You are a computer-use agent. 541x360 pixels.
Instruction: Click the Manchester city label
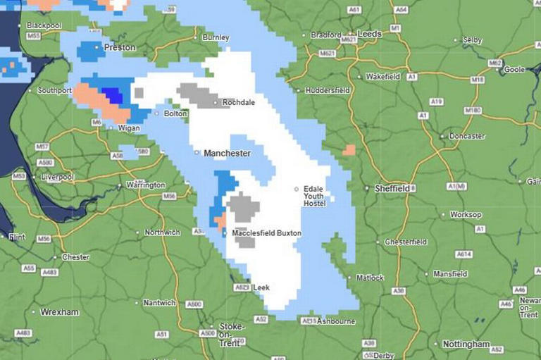tap(227, 153)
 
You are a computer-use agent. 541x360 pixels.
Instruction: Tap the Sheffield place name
tap(392, 189)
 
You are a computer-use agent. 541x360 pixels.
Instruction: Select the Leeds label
tap(369, 33)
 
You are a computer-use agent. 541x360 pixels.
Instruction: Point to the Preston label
tap(119, 47)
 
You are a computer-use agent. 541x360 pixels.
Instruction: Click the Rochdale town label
tap(238, 102)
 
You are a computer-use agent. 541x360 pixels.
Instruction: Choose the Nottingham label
tap(466, 345)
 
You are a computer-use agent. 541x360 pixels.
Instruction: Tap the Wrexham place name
tap(59, 312)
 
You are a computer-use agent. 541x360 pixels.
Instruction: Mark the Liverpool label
tap(57, 177)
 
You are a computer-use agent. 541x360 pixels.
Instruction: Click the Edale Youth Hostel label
tap(315, 197)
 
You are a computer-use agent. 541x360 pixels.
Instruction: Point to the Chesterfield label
tap(406, 242)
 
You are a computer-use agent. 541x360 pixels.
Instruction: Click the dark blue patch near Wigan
tap(111, 95)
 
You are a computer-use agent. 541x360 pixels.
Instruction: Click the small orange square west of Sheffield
tap(349, 149)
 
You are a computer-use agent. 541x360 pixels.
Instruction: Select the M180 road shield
tap(473, 111)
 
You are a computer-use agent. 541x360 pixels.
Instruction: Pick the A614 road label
tap(464, 254)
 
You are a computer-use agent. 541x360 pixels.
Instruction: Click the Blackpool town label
tap(44, 25)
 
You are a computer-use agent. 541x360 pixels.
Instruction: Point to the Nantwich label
tap(159, 303)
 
